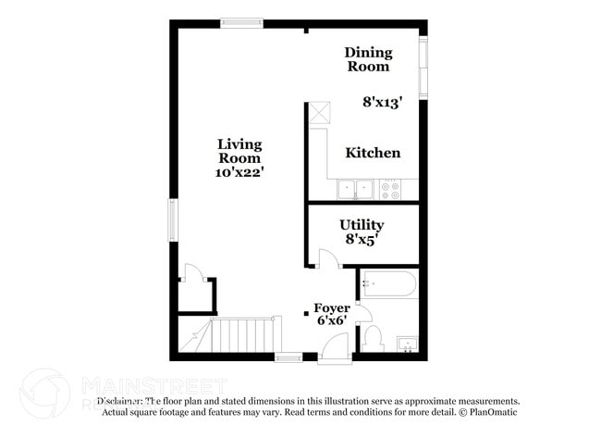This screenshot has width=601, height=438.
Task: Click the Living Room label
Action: [x=239, y=151]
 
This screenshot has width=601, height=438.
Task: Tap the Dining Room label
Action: [x=369, y=59]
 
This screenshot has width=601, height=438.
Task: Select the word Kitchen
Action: [x=373, y=153]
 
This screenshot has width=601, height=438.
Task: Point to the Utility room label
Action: [x=362, y=225]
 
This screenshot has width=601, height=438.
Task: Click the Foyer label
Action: [x=332, y=308]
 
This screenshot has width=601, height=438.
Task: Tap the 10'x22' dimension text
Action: [x=239, y=172]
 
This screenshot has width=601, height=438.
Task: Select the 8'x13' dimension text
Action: [x=382, y=103]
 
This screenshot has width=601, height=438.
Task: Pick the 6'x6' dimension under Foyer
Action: [x=331, y=321]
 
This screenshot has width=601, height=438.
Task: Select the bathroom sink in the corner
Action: [x=407, y=345]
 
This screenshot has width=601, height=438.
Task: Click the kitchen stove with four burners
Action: [x=391, y=190]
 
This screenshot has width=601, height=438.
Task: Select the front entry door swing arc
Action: [x=335, y=348]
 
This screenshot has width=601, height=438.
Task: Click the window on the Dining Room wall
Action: [x=423, y=67]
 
